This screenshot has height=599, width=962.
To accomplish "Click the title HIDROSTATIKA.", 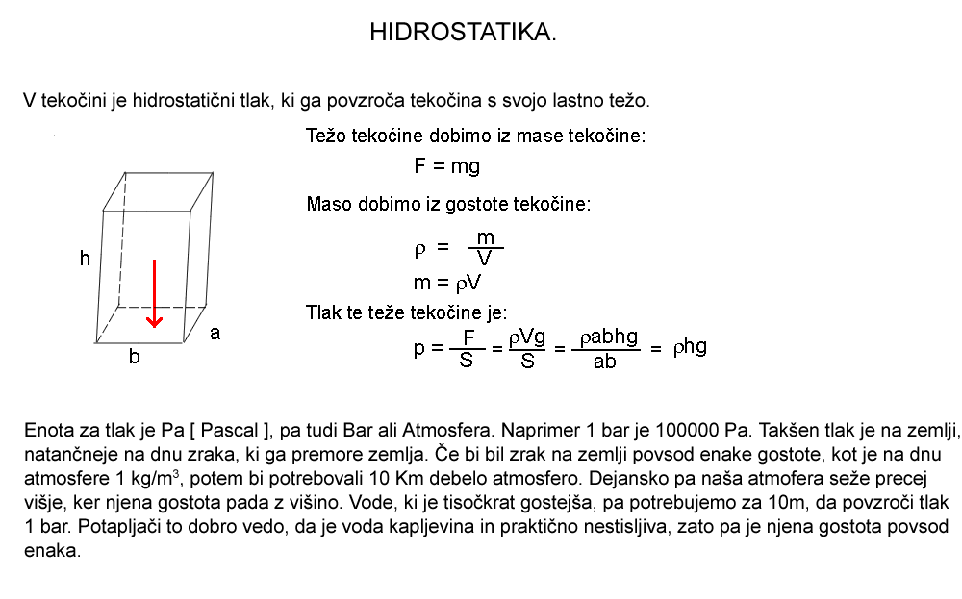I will click(x=463, y=33).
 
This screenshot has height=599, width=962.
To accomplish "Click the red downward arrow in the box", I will click(x=155, y=293).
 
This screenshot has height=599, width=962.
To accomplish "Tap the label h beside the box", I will click(x=86, y=258).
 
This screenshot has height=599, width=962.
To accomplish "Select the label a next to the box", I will click(x=215, y=333).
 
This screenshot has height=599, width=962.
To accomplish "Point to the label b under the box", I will click(x=135, y=358).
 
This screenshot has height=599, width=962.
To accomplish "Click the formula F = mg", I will click(x=446, y=166).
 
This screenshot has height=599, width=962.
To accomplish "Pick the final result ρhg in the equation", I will click(x=689, y=347).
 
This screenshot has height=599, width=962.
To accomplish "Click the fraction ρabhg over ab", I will click(x=604, y=348).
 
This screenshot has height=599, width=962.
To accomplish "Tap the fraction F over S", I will click(x=468, y=348).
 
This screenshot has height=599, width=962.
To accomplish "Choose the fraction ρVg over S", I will click(x=527, y=348).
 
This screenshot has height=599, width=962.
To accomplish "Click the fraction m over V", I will click(x=486, y=247).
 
